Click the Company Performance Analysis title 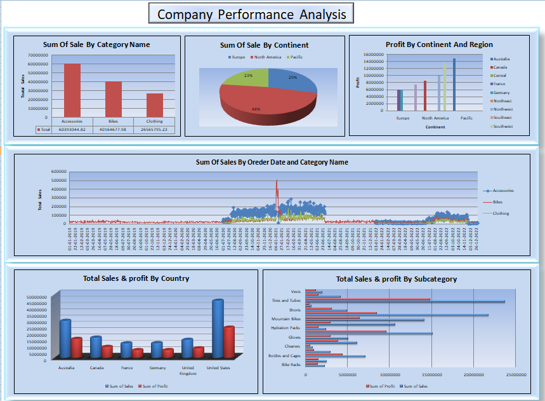(x=252, y=14)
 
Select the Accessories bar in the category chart (x=72, y=90)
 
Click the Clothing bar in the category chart (x=154, y=105)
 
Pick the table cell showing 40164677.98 (x=113, y=130)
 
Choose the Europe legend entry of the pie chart (x=237, y=57)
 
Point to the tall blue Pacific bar (x=454, y=85)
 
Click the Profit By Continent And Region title (x=439, y=44)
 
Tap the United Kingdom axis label (x=187, y=370)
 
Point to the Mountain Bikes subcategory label (x=286, y=319)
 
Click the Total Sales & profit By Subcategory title (x=396, y=278)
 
